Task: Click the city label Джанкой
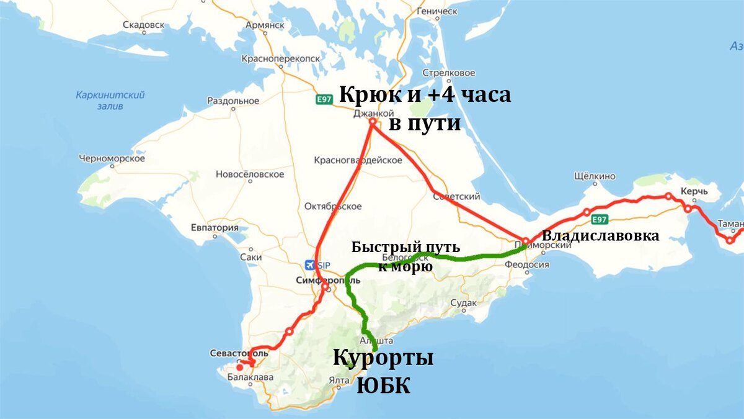coord(373,114)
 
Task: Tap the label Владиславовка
coord(600,236)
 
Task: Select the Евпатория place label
coord(215,227)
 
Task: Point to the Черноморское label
coord(112,158)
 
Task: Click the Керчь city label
coord(694,191)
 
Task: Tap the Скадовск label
coord(143,25)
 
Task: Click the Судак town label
coord(464,303)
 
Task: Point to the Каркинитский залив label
coord(110,100)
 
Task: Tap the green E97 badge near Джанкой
coord(324,100)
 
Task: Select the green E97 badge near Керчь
coord(598,219)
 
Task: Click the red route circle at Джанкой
coord(373,122)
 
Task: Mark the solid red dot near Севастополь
coord(240,367)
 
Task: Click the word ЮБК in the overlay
coord(383,385)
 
